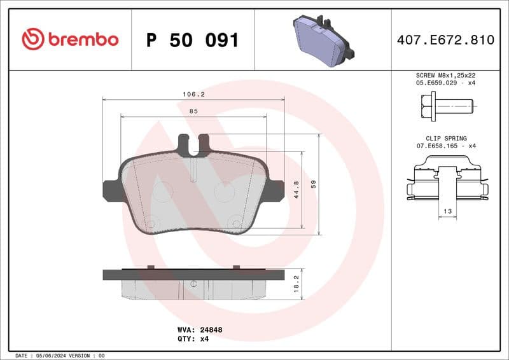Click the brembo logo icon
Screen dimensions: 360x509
(x=32, y=39)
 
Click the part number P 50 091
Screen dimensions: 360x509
(x=192, y=40)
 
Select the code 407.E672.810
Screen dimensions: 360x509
(x=445, y=40)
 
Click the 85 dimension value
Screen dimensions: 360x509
(x=193, y=111)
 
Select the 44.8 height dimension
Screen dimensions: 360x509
(x=296, y=190)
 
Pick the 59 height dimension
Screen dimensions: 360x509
(x=314, y=184)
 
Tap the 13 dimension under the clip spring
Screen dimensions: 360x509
(x=447, y=211)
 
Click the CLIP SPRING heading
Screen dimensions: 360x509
(x=446, y=138)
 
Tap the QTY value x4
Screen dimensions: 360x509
(x=204, y=338)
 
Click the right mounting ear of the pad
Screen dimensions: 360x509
(x=275, y=190)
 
